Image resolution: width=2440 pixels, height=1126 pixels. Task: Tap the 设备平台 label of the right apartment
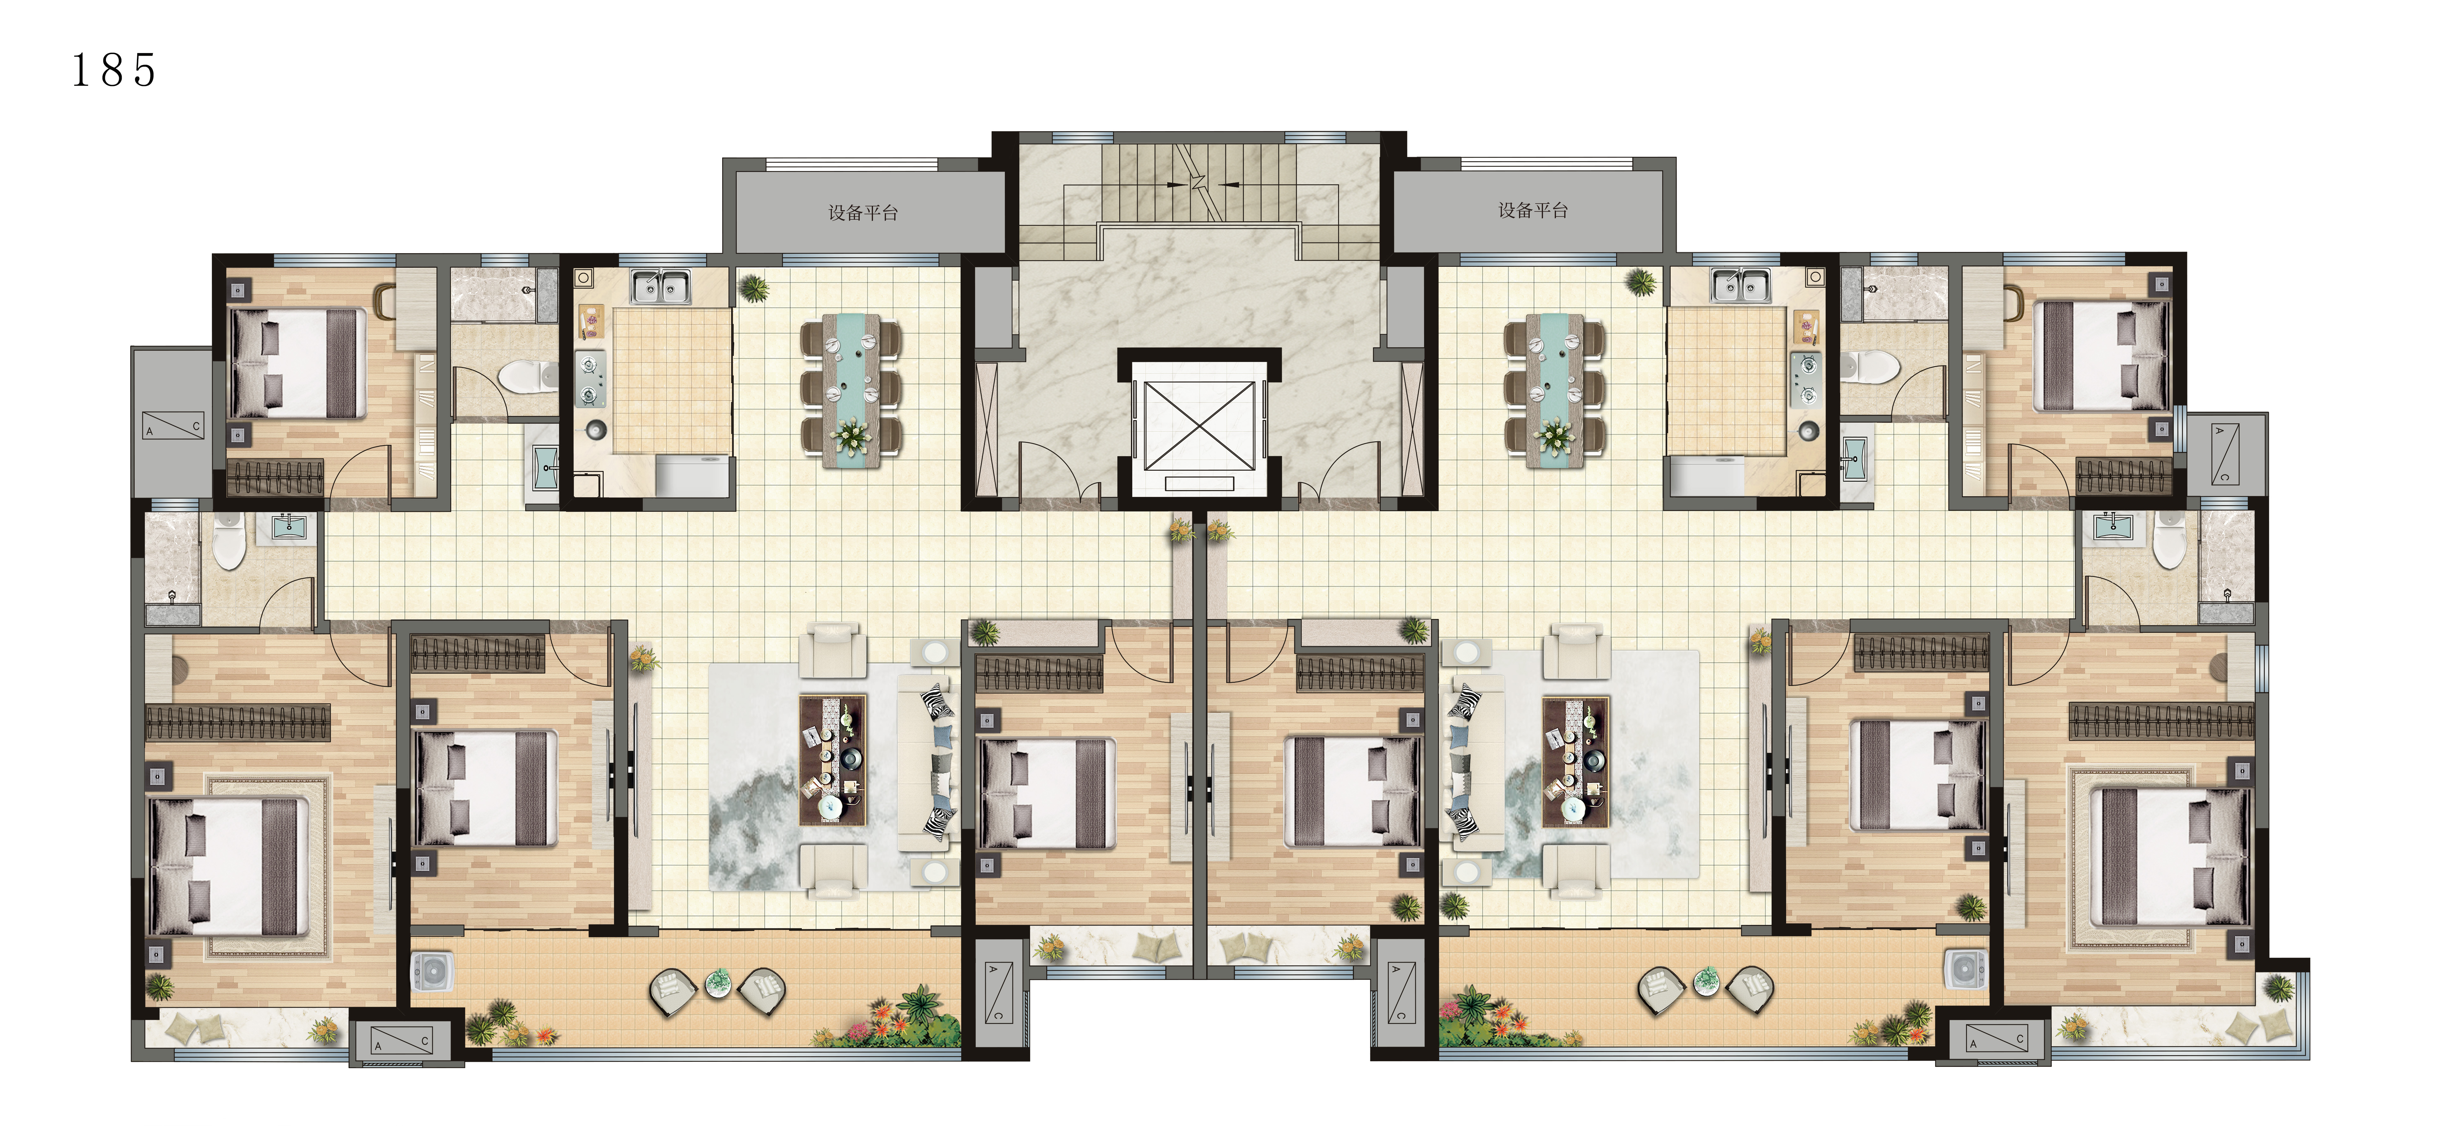click(x=1533, y=210)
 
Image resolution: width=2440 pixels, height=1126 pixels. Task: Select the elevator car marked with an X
click(x=1199, y=426)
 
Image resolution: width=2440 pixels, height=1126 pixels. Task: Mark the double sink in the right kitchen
click(x=1740, y=286)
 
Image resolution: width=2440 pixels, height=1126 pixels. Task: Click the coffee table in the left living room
click(x=833, y=760)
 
